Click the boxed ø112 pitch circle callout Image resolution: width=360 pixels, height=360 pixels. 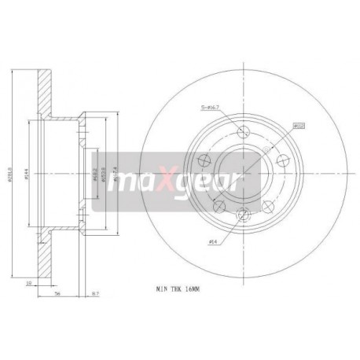click(299, 124)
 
